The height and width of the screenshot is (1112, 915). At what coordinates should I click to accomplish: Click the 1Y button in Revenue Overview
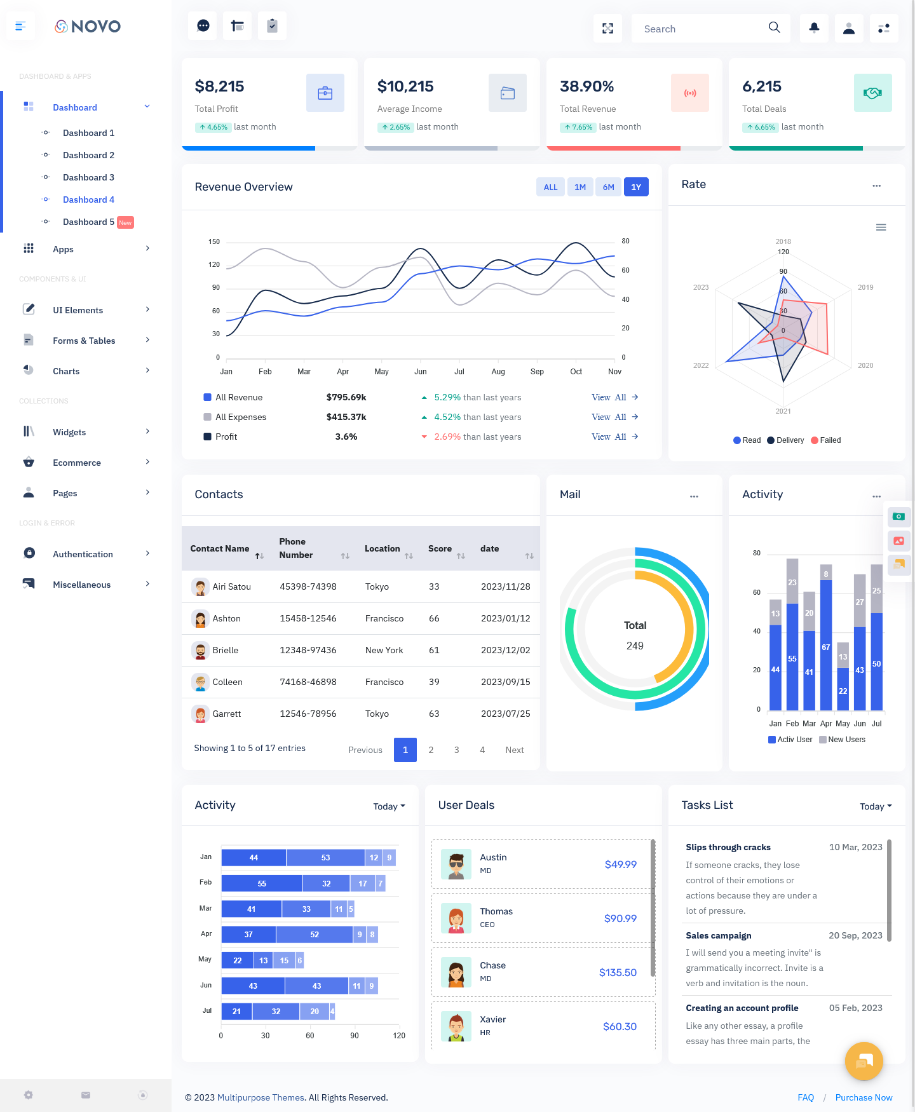pyautogui.click(x=635, y=187)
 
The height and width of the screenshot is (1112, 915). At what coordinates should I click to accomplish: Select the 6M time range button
pyautogui.click(x=608, y=187)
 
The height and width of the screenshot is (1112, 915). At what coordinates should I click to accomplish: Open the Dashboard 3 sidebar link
pyautogui.click(x=88, y=177)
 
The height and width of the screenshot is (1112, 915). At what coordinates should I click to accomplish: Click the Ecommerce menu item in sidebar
pyautogui.click(x=77, y=463)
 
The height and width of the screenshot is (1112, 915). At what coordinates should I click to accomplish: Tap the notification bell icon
pyautogui.click(x=814, y=28)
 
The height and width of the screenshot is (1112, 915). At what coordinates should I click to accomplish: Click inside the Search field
pyautogui.click(x=702, y=29)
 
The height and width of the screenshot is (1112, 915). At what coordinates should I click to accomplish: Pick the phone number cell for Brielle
pyautogui.click(x=308, y=650)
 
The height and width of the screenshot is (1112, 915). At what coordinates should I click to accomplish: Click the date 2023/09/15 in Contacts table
pyautogui.click(x=505, y=682)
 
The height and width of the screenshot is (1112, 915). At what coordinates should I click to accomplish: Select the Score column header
pyautogui.click(x=440, y=548)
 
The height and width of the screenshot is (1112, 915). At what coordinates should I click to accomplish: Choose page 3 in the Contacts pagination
pyautogui.click(x=456, y=750)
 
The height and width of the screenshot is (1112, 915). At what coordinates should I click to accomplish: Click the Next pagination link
pyautogui.click(x=514, y=750)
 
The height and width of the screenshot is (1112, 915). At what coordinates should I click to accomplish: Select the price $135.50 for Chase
pyautogui.click(x=618, y=972)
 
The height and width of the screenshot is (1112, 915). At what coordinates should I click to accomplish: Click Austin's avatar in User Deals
pyautogui.click(x=456, y=864)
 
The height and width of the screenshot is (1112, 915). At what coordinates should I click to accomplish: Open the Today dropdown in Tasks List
pyautogui.click(x=876, y=806)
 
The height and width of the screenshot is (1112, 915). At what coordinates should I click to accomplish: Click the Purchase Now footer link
pyautogui.click(x=864, y=1097)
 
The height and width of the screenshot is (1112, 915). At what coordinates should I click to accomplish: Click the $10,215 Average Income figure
pyautogui.click(x=405, y=86)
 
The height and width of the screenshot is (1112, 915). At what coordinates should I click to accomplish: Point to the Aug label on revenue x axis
pyautogui.click(x=498, y=372)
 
